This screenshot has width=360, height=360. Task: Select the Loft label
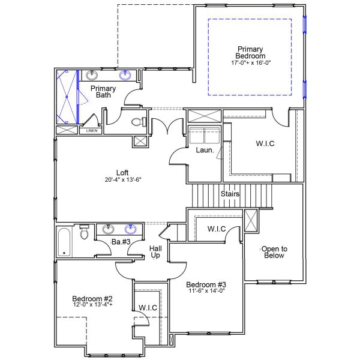coord(122,173)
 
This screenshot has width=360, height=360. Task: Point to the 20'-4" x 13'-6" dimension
coord(122,180)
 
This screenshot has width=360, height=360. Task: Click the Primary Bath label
coord(103,92)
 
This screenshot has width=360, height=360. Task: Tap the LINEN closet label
coord(91,130)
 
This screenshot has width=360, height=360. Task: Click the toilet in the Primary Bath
coord(138,122)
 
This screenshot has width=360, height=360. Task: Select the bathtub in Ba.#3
coord(64,241)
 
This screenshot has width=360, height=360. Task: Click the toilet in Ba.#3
coord(85,233)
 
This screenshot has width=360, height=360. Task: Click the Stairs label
coord(230,194)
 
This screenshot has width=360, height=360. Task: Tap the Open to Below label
coord(274,252)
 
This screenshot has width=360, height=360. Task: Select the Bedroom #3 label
coord(205,284)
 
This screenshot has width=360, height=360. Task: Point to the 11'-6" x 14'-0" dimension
coord(205,291)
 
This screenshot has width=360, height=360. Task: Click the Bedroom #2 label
coord(92,298)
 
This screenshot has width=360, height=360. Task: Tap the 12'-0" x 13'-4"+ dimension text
coord(92,305)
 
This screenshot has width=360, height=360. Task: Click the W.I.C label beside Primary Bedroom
coord(265,143)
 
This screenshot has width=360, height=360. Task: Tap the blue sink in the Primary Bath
coord(126,75)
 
